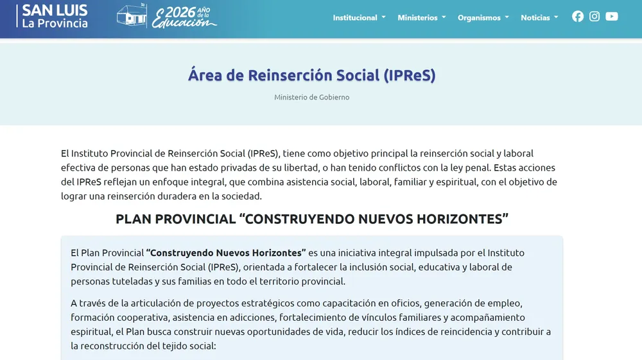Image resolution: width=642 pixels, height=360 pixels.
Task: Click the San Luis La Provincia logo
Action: pos(55,17)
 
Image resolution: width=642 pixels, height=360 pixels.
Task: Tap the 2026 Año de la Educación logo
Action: pos(167,17)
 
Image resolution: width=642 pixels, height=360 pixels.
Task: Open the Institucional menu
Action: pos(359,18)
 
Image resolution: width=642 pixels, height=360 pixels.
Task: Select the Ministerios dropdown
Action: pos(421,18)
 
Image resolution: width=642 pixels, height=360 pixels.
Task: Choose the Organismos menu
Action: pos(483,18)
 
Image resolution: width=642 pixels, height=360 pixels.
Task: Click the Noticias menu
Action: pos(539,18)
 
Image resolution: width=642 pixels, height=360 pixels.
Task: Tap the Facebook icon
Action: pos(578,17)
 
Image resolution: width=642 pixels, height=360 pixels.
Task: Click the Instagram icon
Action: pos(594,17)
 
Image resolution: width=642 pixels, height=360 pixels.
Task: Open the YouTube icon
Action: pos(612,17)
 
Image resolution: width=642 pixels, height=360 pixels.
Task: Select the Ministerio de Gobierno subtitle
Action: pos(312,98)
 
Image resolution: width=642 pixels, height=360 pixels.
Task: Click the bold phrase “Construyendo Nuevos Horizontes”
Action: pos(226,253)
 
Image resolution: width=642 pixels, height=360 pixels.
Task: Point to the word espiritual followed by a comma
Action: pos(92,332)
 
